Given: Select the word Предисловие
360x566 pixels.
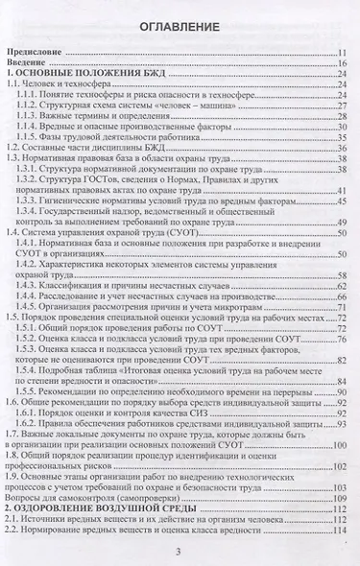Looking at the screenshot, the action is (37, 54).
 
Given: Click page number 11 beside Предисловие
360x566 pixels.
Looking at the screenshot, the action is (341, 54).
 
